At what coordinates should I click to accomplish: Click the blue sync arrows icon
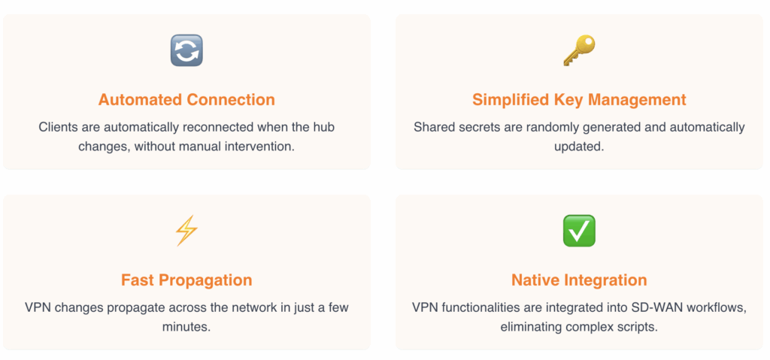[x=186, y=50]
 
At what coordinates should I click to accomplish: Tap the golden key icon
[x=579, y=50]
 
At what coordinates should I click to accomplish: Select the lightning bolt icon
[x=186, y=230]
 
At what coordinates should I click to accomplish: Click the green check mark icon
[x=579, y=230]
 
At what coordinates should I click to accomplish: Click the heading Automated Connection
[x=186, y=100]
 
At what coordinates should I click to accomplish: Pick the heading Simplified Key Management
[x=579, y=100]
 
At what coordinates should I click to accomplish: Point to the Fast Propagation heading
[x=186, y=280]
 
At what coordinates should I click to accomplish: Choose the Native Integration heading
[x=579, y=280]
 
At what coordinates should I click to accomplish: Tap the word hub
[x=325, y=127]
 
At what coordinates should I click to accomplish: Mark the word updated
[x=579, y=147]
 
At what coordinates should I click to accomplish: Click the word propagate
[x=123, y=308]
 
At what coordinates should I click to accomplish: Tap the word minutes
[x=186, y=327]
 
